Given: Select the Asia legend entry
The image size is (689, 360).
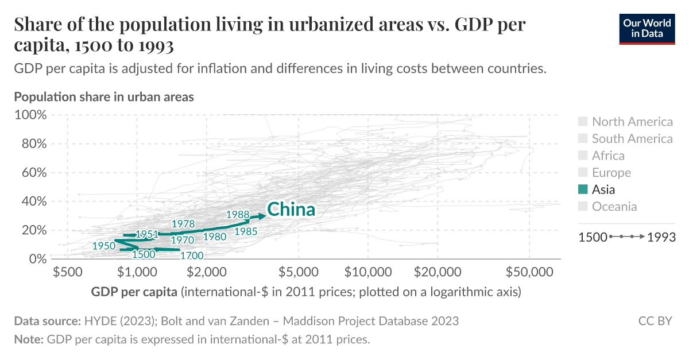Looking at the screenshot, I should click(603, 189).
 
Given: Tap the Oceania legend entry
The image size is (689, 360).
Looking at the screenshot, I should click(614, 207).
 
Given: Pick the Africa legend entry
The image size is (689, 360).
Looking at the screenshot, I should click(608, 156).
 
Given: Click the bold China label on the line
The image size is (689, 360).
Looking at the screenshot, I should click(291, 210).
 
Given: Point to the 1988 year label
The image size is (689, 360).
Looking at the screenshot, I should click(238, 214).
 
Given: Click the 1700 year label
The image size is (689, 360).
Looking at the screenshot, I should click(191, 256).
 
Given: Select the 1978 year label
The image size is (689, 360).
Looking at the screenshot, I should click(183, 224).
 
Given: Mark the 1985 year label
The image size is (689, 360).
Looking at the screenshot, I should click(245, 231).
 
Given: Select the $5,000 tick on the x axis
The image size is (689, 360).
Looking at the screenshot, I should click(299, 271).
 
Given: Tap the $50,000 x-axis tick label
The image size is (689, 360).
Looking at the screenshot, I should click(529, 271).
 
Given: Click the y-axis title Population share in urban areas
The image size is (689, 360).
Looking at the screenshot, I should click(104, 96).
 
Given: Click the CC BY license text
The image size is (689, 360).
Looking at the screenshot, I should click(655, 321).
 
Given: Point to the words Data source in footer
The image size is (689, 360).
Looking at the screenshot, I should click(47, 321).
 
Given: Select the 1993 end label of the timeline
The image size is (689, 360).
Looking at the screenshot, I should click(661, 237).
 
